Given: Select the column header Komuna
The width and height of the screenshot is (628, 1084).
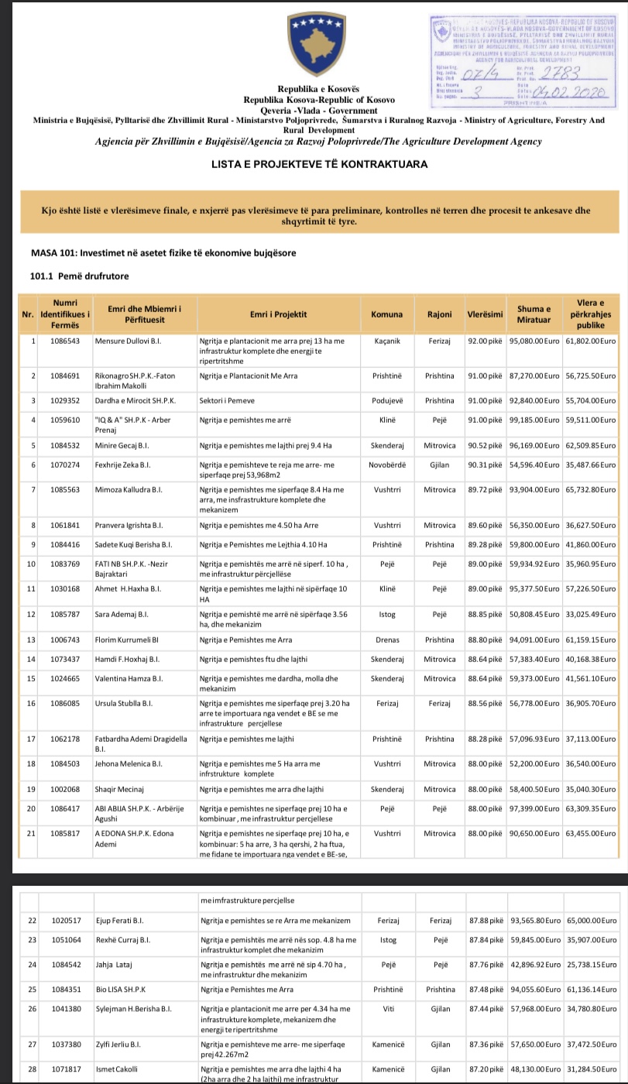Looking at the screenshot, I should pyautogui.click(x=386, y=314).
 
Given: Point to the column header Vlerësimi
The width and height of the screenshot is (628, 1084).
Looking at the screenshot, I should pyautogui.click(x=485, y=314).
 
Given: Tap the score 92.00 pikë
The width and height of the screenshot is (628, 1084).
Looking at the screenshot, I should pyautogui.click(x=485, y=340).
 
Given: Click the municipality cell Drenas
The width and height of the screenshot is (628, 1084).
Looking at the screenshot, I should pyautogui.click(x=386, y=640).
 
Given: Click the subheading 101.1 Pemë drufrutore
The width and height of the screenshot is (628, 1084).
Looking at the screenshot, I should pyautogui.click(x=79, y=276).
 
